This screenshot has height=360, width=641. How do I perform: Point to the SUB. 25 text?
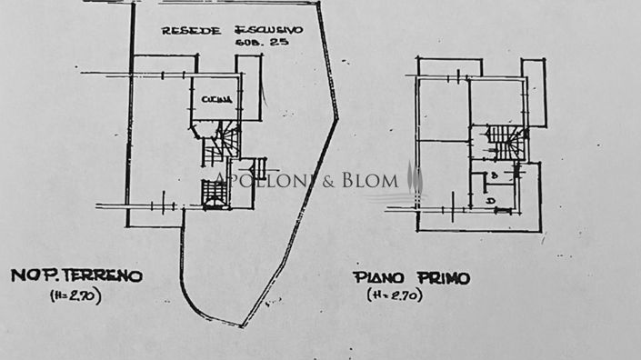click(258, 44)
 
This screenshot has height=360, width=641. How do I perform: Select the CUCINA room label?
click(217, 98)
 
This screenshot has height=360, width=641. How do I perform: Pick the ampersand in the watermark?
click(329, 180)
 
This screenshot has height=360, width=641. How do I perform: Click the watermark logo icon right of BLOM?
click(415, 179)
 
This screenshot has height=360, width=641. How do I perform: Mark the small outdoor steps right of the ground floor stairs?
click(259, 167)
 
